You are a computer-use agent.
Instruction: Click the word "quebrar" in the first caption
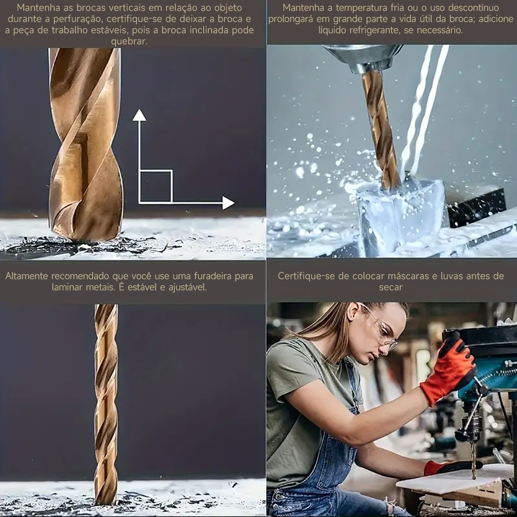(129, 41)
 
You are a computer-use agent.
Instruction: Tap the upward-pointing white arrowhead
(139, 115)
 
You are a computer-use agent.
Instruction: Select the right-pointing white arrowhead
(227, 203)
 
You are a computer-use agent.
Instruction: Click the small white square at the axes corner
(156, 186)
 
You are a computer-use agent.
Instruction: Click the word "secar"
(390, 287)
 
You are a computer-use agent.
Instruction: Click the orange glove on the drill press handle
(448, 367)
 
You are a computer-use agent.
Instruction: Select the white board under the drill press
(450, 478)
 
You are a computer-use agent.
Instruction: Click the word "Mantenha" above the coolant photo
(305, 8)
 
